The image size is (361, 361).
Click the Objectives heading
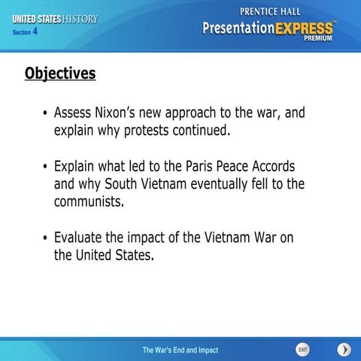pos(60,74)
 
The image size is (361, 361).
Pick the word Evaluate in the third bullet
pos(79,238)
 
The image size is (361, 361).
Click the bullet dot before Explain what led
pos(46,167)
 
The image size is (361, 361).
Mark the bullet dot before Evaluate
pos(46,238)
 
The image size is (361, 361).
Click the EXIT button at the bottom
pos(302,350)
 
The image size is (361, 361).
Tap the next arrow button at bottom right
pos(344,350)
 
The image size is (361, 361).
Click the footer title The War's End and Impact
pos(180,350)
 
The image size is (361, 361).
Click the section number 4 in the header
pos(35,32)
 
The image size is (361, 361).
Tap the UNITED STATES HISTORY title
pos(55,19)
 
